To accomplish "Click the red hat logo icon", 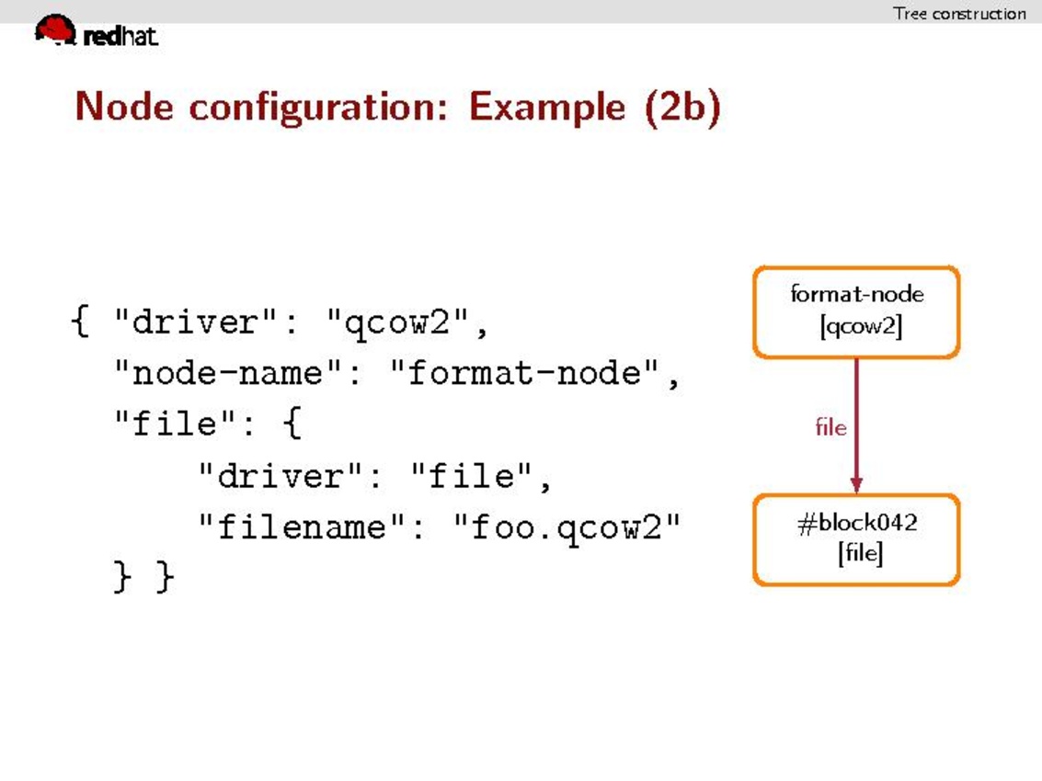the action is [x=55, y=30].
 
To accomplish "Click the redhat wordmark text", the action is [x=120, y=36].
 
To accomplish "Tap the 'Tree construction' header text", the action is [x=959, y=13].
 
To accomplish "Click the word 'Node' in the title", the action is [x=124, y=106].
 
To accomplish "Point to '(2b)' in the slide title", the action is [x=682, y=107].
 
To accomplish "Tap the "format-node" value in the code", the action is [x=524, y=372].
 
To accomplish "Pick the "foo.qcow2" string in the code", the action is [x=567, y=528].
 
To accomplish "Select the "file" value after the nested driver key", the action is [x=472, y=476].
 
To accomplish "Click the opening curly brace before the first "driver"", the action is [x=80, y=322].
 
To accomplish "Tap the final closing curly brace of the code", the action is [x=165, y=576].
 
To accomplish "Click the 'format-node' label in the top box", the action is [x=856, y=293].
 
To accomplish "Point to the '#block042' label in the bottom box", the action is [x=857, y=523].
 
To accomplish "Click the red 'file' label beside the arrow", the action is [x=830, y=426].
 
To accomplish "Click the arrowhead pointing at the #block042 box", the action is [x=856, y=485].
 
